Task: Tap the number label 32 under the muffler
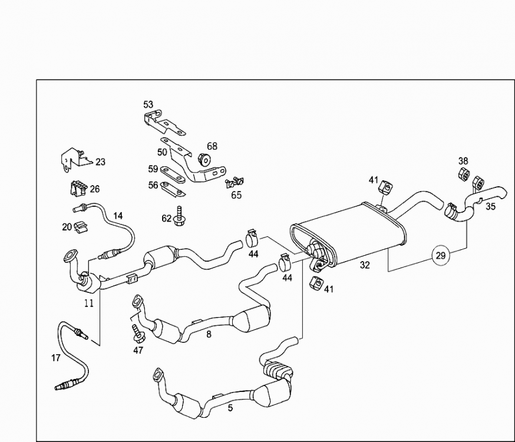[365, 265]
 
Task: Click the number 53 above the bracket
[148, 105]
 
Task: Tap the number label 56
[153, 184]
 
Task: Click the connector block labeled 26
[77, 189]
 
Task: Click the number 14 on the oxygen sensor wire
[118, 216]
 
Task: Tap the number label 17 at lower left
[56, 358]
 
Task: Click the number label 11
[88, 304]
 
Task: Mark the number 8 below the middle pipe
[208, 334]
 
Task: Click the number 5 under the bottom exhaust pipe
[230, 407]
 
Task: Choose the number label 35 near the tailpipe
[490, 207]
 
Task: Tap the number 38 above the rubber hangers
[464, 161]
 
